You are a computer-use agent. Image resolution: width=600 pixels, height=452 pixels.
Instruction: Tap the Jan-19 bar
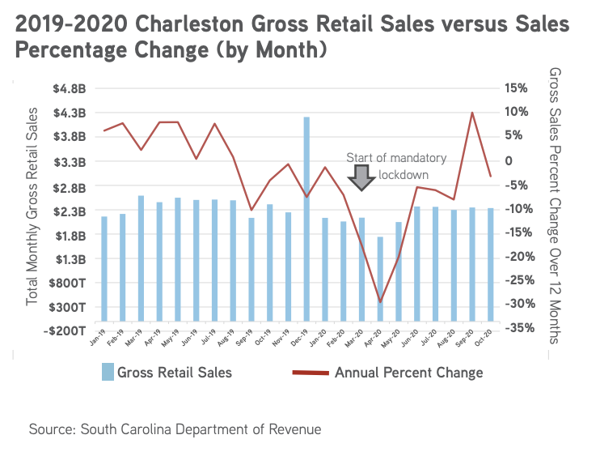[x=104, y=268]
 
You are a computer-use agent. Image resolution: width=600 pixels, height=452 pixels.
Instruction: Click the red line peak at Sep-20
[x=472, y=113]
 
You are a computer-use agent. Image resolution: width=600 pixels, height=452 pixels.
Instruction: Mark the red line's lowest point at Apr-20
[x=380, y=302]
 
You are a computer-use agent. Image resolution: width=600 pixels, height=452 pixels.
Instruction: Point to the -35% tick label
[x=516, y=328]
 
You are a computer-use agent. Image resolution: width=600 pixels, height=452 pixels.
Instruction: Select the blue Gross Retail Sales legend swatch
[x=107, y=372]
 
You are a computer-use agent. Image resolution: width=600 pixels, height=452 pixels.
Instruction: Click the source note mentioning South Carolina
[x=175, y=429]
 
